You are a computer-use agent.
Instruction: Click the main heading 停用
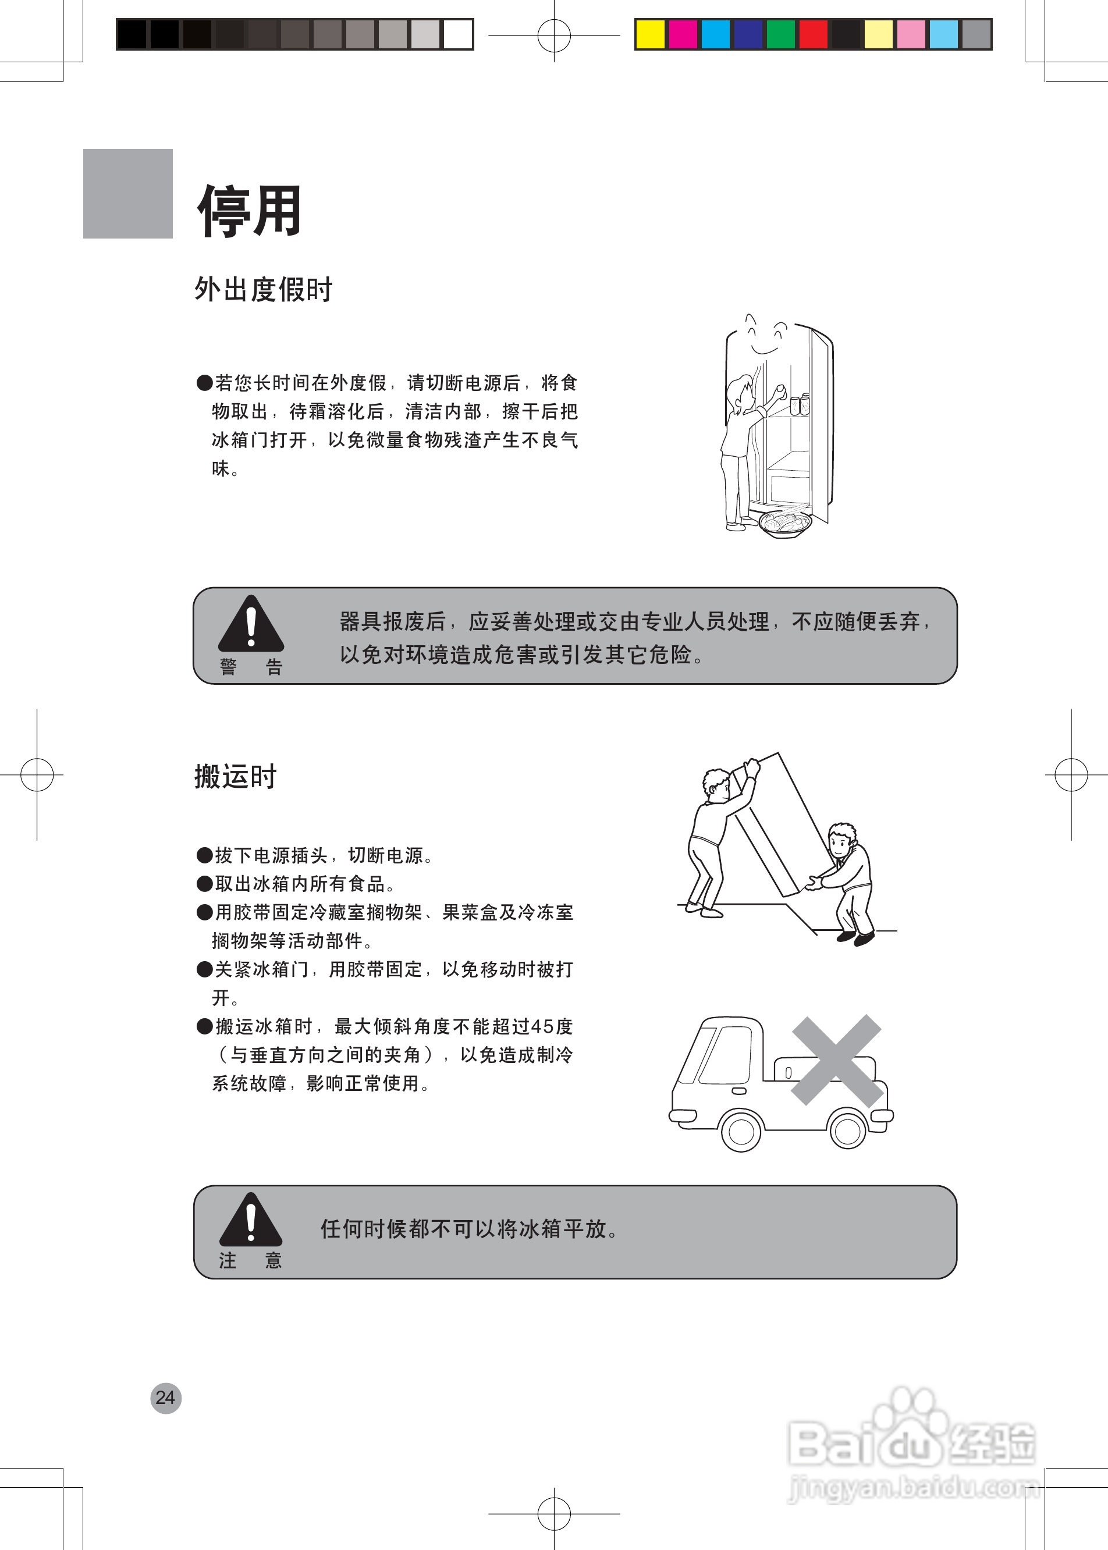250,211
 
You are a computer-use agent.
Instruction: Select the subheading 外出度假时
264,289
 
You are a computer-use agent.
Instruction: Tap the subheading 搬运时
235,776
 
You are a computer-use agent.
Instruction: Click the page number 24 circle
166,1398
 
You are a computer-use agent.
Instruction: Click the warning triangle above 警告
250,624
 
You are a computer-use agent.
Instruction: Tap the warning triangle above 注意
250,1219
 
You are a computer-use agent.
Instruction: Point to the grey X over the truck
836,1060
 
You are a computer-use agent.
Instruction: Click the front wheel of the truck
741,1131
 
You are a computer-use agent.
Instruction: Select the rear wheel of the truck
847,1130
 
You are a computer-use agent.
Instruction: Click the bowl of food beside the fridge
785,524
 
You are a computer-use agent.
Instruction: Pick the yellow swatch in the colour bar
650,34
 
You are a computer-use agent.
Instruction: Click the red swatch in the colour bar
814,34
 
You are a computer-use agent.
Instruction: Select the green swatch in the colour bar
780,34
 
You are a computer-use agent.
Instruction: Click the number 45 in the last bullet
542,1026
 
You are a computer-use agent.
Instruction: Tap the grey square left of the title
127,194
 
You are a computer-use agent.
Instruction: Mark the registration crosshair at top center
554,35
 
